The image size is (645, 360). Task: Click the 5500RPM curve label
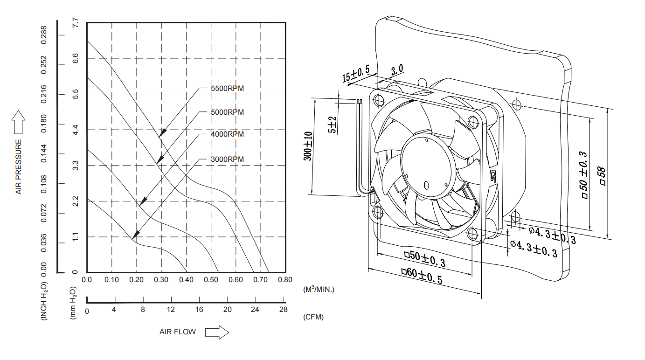tap(227, 89)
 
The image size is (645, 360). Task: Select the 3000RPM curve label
tap(227, 159)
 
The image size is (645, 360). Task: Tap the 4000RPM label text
tap(227, 134)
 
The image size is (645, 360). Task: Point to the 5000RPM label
tap(227, 112)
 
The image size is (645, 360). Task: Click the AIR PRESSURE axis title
tap(19, 167)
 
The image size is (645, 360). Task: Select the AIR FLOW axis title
tap(177, 332)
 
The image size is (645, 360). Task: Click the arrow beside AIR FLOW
tap(217, 332)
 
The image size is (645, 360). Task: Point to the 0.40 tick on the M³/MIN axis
tap(186, 280)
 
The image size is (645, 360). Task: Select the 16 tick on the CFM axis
tap(199, 310)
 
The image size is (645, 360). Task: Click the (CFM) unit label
tap(313, 317)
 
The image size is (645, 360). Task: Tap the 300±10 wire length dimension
tap(308, 146)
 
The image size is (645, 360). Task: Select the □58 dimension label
tap(602, 177)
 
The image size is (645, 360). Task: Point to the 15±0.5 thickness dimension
tap(355, 74)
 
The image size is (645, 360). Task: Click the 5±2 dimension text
tap(333, 125)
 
